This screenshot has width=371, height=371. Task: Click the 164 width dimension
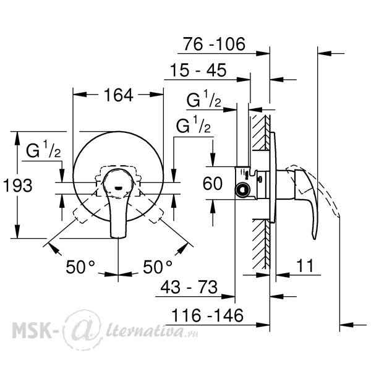point(119,95)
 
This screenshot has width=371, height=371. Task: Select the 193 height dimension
point(18,185)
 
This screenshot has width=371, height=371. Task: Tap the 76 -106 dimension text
point(214,44)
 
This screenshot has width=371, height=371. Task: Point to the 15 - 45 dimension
point(198,70)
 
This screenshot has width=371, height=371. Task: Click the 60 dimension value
point(213,183)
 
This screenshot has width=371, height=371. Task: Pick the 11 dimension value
point(305,265)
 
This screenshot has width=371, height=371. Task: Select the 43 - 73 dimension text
point(189,287)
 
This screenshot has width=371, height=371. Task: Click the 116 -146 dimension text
point(207,315)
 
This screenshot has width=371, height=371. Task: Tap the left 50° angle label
point(80,267)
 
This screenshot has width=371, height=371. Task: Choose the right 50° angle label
point(158,267)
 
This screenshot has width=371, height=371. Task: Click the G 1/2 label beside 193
point(43,149)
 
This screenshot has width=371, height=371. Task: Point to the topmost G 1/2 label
point(203,99)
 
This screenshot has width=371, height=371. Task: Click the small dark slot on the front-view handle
point(118,189)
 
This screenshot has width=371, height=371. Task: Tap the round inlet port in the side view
point(242,190)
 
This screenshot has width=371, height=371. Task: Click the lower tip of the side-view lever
point(314,239)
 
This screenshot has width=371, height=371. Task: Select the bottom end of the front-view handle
point(118,237)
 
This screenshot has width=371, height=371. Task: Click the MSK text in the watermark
point(31,330)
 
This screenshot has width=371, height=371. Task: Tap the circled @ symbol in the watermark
point(82,330)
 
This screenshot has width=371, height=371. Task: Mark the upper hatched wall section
point(261,132)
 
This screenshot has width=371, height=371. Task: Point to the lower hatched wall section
point(261,244)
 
